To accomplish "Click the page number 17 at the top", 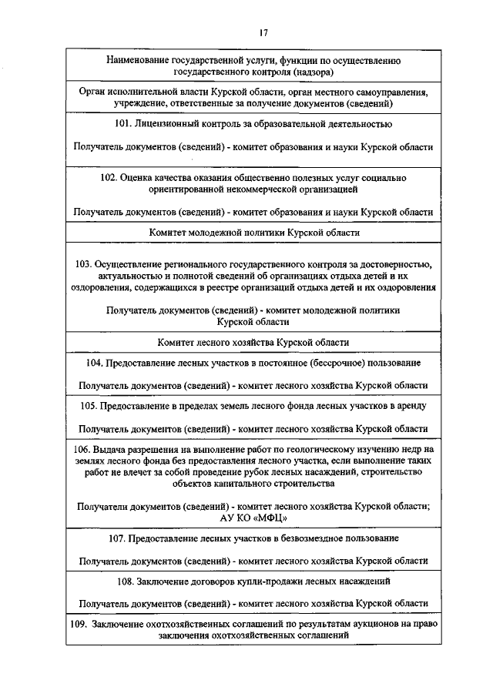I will (263, 32).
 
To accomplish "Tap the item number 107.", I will (118, 538).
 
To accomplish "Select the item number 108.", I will (126, 580).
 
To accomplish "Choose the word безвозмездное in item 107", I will (315, 538).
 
